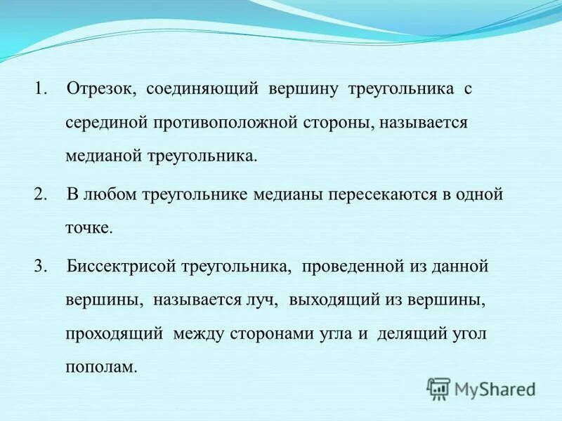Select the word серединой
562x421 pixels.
[x=105, y=123]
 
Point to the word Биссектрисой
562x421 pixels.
[x=121, y=267]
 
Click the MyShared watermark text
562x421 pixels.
[x=495, y=387]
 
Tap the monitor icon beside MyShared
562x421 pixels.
[x=438, y=387]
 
